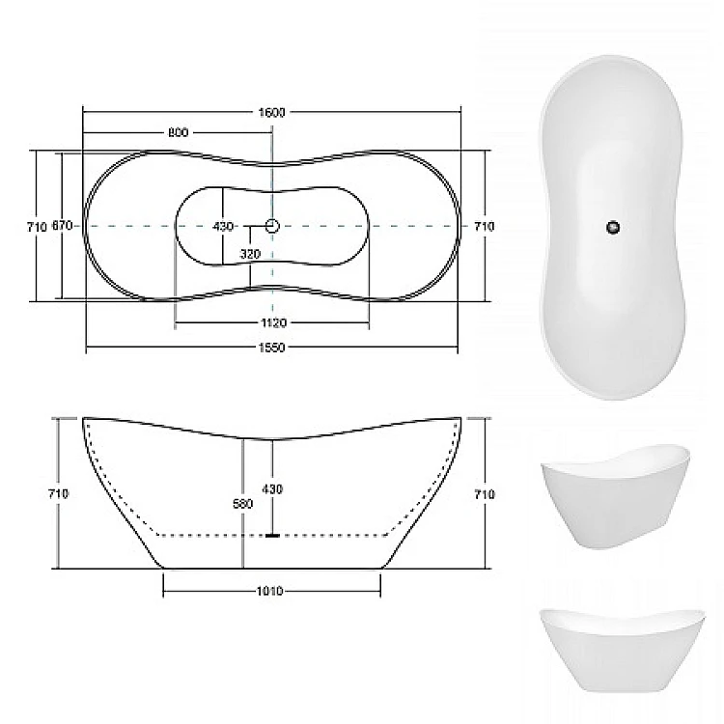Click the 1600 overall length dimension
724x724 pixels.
pos(272,112)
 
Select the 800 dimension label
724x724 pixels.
pos(178,132)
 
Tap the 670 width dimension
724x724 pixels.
pos(62,226)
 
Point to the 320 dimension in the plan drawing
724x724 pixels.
pos(250,254)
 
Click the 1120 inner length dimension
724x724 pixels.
pos(274,322)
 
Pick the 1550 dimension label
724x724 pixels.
pos(271,348)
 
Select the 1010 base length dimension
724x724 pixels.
pos(270,591)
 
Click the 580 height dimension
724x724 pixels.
pos(243,504)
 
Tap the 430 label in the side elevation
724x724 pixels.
pos(272,489)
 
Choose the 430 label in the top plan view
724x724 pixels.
pos(223,226)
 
